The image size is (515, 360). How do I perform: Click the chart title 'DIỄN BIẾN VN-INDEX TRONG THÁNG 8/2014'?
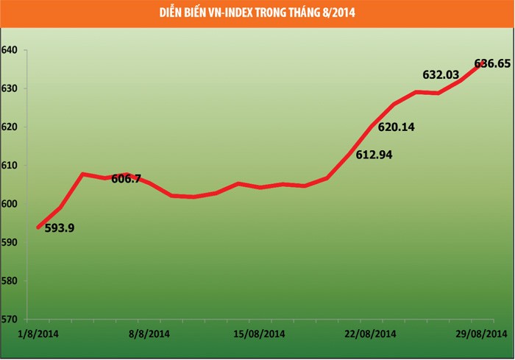pyautogui.click(x=257, y=13)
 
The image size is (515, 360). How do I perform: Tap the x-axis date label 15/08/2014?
pyautogui.click(x=259, y=334)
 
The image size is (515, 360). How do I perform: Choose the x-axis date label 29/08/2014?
pyautogui.click(x=482, y=334)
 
